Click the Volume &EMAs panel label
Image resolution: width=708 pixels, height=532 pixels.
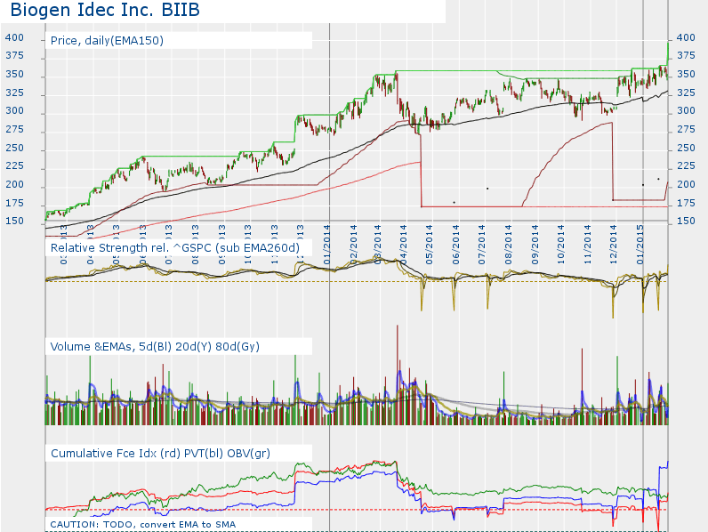155,346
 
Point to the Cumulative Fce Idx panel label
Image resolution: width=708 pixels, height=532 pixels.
161,454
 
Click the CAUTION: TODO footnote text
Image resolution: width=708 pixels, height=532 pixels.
142,524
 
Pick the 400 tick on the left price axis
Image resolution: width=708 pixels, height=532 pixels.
14,37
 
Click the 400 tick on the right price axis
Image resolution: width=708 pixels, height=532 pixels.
686,37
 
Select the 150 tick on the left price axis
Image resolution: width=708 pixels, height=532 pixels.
14,222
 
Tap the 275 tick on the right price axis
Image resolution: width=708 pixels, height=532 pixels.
686,130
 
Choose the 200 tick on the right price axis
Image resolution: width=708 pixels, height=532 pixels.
686,185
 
